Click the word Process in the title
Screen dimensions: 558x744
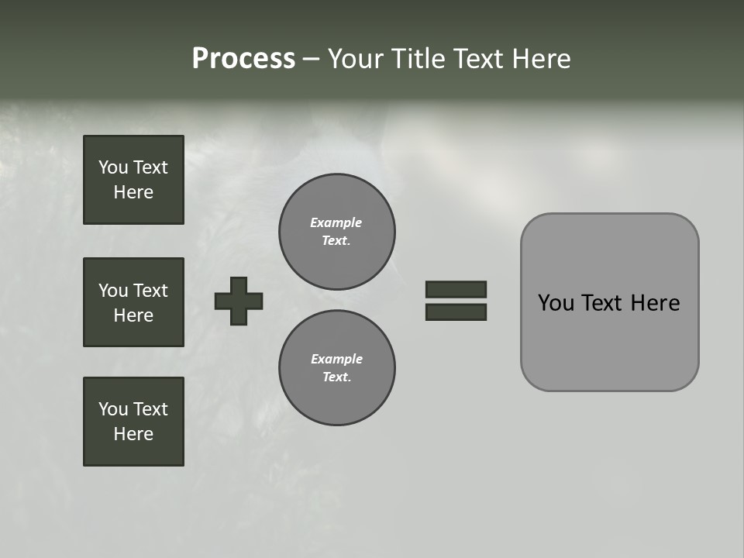(243, 59)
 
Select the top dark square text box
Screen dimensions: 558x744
(133, 180)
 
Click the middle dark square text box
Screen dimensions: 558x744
(133, 302)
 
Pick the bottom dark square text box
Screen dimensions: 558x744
(133, 422)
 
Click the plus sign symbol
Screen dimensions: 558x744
(239, 301)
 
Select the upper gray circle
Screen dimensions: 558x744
(337, 232)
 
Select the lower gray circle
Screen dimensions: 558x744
(337, 368)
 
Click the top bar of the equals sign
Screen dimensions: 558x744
(456, 289)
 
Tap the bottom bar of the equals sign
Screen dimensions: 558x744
(456, 312)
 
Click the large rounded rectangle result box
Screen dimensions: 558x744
(609, 341)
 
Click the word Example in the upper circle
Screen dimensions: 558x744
(336, 222)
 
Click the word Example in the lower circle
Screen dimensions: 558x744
(336, 359)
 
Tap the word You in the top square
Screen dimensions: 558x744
(113, 167)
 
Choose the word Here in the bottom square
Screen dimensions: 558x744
(133, 434)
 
